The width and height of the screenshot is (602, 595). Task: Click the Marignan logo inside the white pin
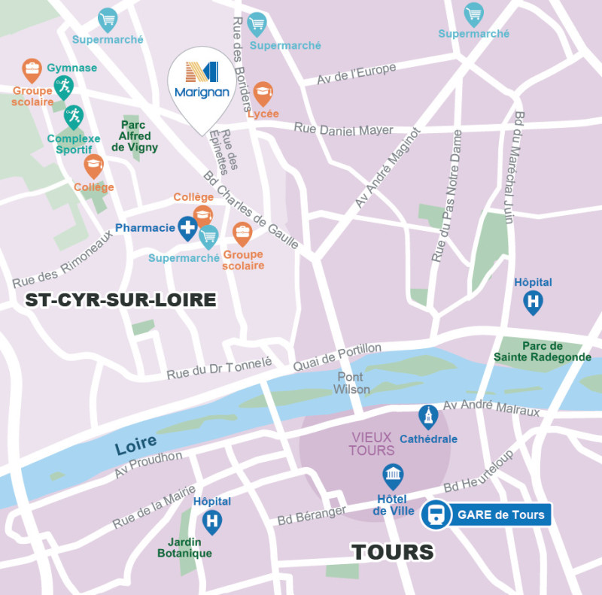coord(201,79)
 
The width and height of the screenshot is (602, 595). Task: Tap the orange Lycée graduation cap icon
coord(263,93)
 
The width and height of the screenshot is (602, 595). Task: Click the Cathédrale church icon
coord(428,416)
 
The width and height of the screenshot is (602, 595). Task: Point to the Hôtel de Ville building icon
coord(393,475)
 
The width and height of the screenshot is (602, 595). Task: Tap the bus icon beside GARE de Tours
coord(435,515)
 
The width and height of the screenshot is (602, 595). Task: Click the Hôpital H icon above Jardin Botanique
coord(213,520)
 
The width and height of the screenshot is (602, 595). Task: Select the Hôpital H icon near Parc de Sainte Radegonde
coord(534,302)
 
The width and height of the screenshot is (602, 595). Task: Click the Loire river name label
coord(135,445)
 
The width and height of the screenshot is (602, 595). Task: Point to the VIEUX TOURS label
coord(372,444)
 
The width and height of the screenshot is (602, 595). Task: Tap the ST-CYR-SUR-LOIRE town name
coord(120,301)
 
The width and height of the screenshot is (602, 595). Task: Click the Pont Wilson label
coord(351,383)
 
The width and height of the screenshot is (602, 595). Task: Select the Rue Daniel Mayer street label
coord(343,129)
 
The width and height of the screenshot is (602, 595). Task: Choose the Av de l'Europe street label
coord(357,74)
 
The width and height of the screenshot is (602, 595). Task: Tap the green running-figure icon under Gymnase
coord(62,87)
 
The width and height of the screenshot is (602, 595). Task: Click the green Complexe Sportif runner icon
coord(73,116)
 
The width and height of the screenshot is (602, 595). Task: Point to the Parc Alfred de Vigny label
coord(135,136)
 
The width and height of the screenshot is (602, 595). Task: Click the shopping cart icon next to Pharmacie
coord(208,235)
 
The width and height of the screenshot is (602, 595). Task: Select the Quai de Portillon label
coord(336,357)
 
